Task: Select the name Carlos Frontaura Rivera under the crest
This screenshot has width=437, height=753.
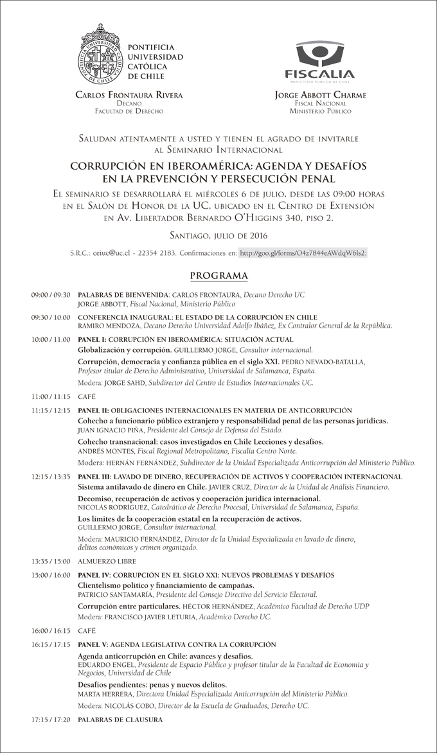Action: (129, 95)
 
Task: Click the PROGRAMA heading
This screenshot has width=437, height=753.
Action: (219, 276)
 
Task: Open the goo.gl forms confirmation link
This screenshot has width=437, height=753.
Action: (303, 254)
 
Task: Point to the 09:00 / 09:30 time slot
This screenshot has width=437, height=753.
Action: (51, 295)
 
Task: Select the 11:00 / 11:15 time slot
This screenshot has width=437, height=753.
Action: (51, 398)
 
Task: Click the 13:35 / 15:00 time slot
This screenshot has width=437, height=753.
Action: (51, 561)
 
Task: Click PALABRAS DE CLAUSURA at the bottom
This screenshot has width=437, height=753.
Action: (120, 720)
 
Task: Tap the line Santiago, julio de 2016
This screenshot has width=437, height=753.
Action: (219, 236)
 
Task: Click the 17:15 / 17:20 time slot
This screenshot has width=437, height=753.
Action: (51, 720)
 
